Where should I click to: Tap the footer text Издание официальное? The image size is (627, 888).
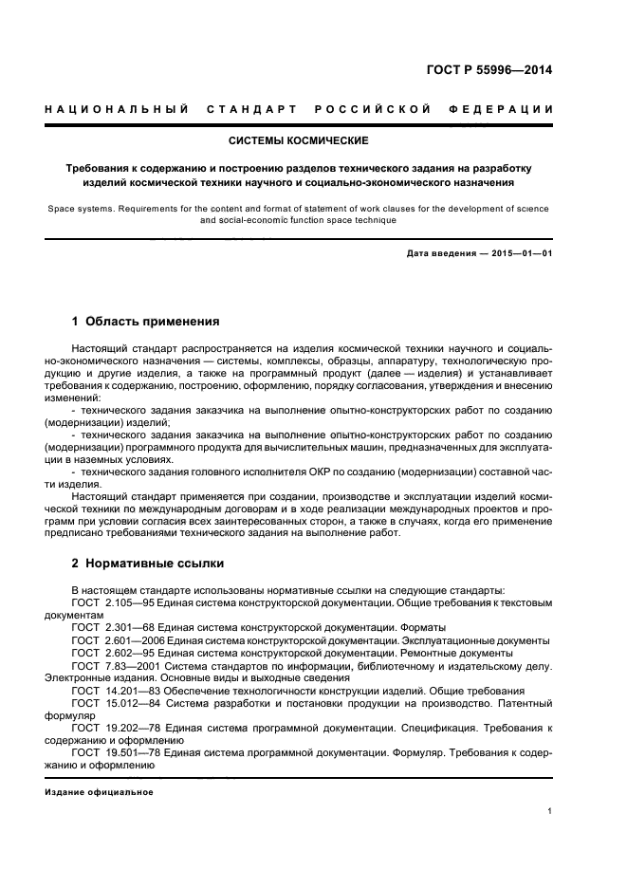tap(99, 792)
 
